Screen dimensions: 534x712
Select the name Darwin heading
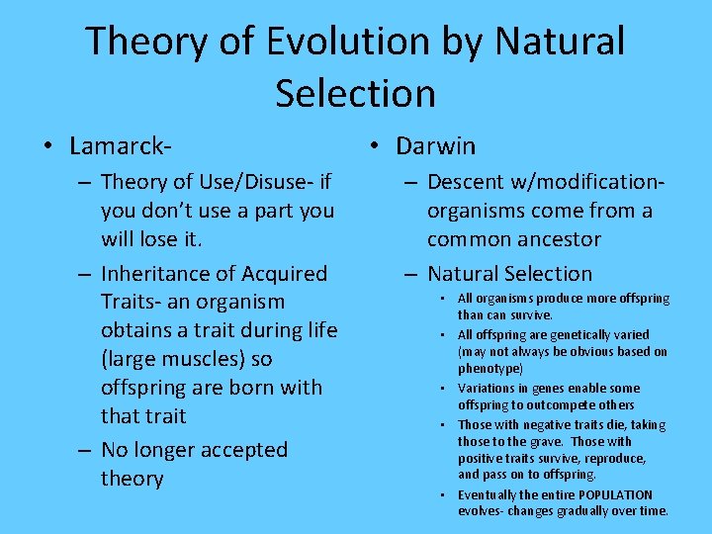coord(435,146)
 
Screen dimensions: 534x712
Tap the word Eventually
coord(489,494)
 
